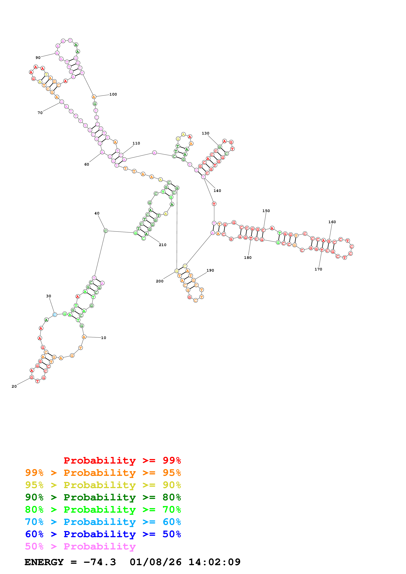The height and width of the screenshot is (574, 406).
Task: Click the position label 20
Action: (14, 386)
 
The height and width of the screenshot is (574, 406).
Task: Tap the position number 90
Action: (38, 58)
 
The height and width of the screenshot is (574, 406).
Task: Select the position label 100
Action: (113, 95)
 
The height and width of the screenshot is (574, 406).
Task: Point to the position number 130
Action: (205, 134)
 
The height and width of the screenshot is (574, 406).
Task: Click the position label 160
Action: (332, 222)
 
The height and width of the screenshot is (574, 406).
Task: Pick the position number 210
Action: (163, 245)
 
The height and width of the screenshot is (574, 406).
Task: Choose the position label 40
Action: (97, 214)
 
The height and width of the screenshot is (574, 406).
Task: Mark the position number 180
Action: (248, 258)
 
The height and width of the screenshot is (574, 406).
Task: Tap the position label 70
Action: (40, 113)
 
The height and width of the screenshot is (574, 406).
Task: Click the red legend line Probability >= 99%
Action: (122, 460)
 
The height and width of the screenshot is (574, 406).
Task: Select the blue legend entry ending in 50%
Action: (103, 534)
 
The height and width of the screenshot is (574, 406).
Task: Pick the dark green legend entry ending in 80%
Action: (103, 497)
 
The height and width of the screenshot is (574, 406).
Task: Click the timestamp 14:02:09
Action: (214, 562)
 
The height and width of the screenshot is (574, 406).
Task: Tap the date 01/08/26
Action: (155, 562)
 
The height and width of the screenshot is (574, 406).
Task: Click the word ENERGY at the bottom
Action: (44, 562)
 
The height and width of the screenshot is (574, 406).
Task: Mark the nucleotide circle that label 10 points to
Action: (84, 337)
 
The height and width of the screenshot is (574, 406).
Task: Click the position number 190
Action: (210, 270)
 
